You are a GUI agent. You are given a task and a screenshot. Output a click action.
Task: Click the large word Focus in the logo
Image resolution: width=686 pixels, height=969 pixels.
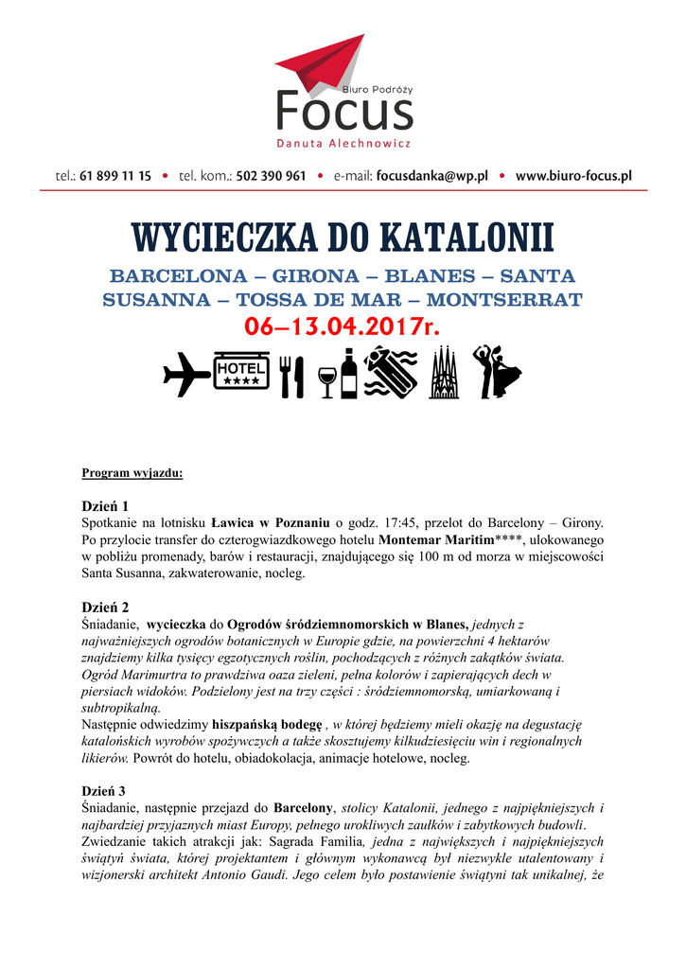(343, 112)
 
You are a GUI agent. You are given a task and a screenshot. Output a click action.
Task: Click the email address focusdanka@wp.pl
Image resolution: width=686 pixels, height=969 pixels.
(431, 176)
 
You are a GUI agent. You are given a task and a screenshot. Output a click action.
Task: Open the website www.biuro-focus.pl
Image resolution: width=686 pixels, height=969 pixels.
(573, 176)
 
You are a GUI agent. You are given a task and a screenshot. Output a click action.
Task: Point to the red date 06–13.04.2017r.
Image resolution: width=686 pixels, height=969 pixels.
(343, 327)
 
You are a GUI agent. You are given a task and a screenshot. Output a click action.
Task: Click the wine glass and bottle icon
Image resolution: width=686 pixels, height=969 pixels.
(339, 374)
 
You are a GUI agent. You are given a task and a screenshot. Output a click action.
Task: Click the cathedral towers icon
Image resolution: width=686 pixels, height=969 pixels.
(443, 374)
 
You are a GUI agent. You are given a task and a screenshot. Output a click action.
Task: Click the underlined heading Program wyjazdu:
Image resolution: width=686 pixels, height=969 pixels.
(132, 471)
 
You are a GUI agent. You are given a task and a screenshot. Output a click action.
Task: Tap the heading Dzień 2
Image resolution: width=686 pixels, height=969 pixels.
(105, 606)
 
